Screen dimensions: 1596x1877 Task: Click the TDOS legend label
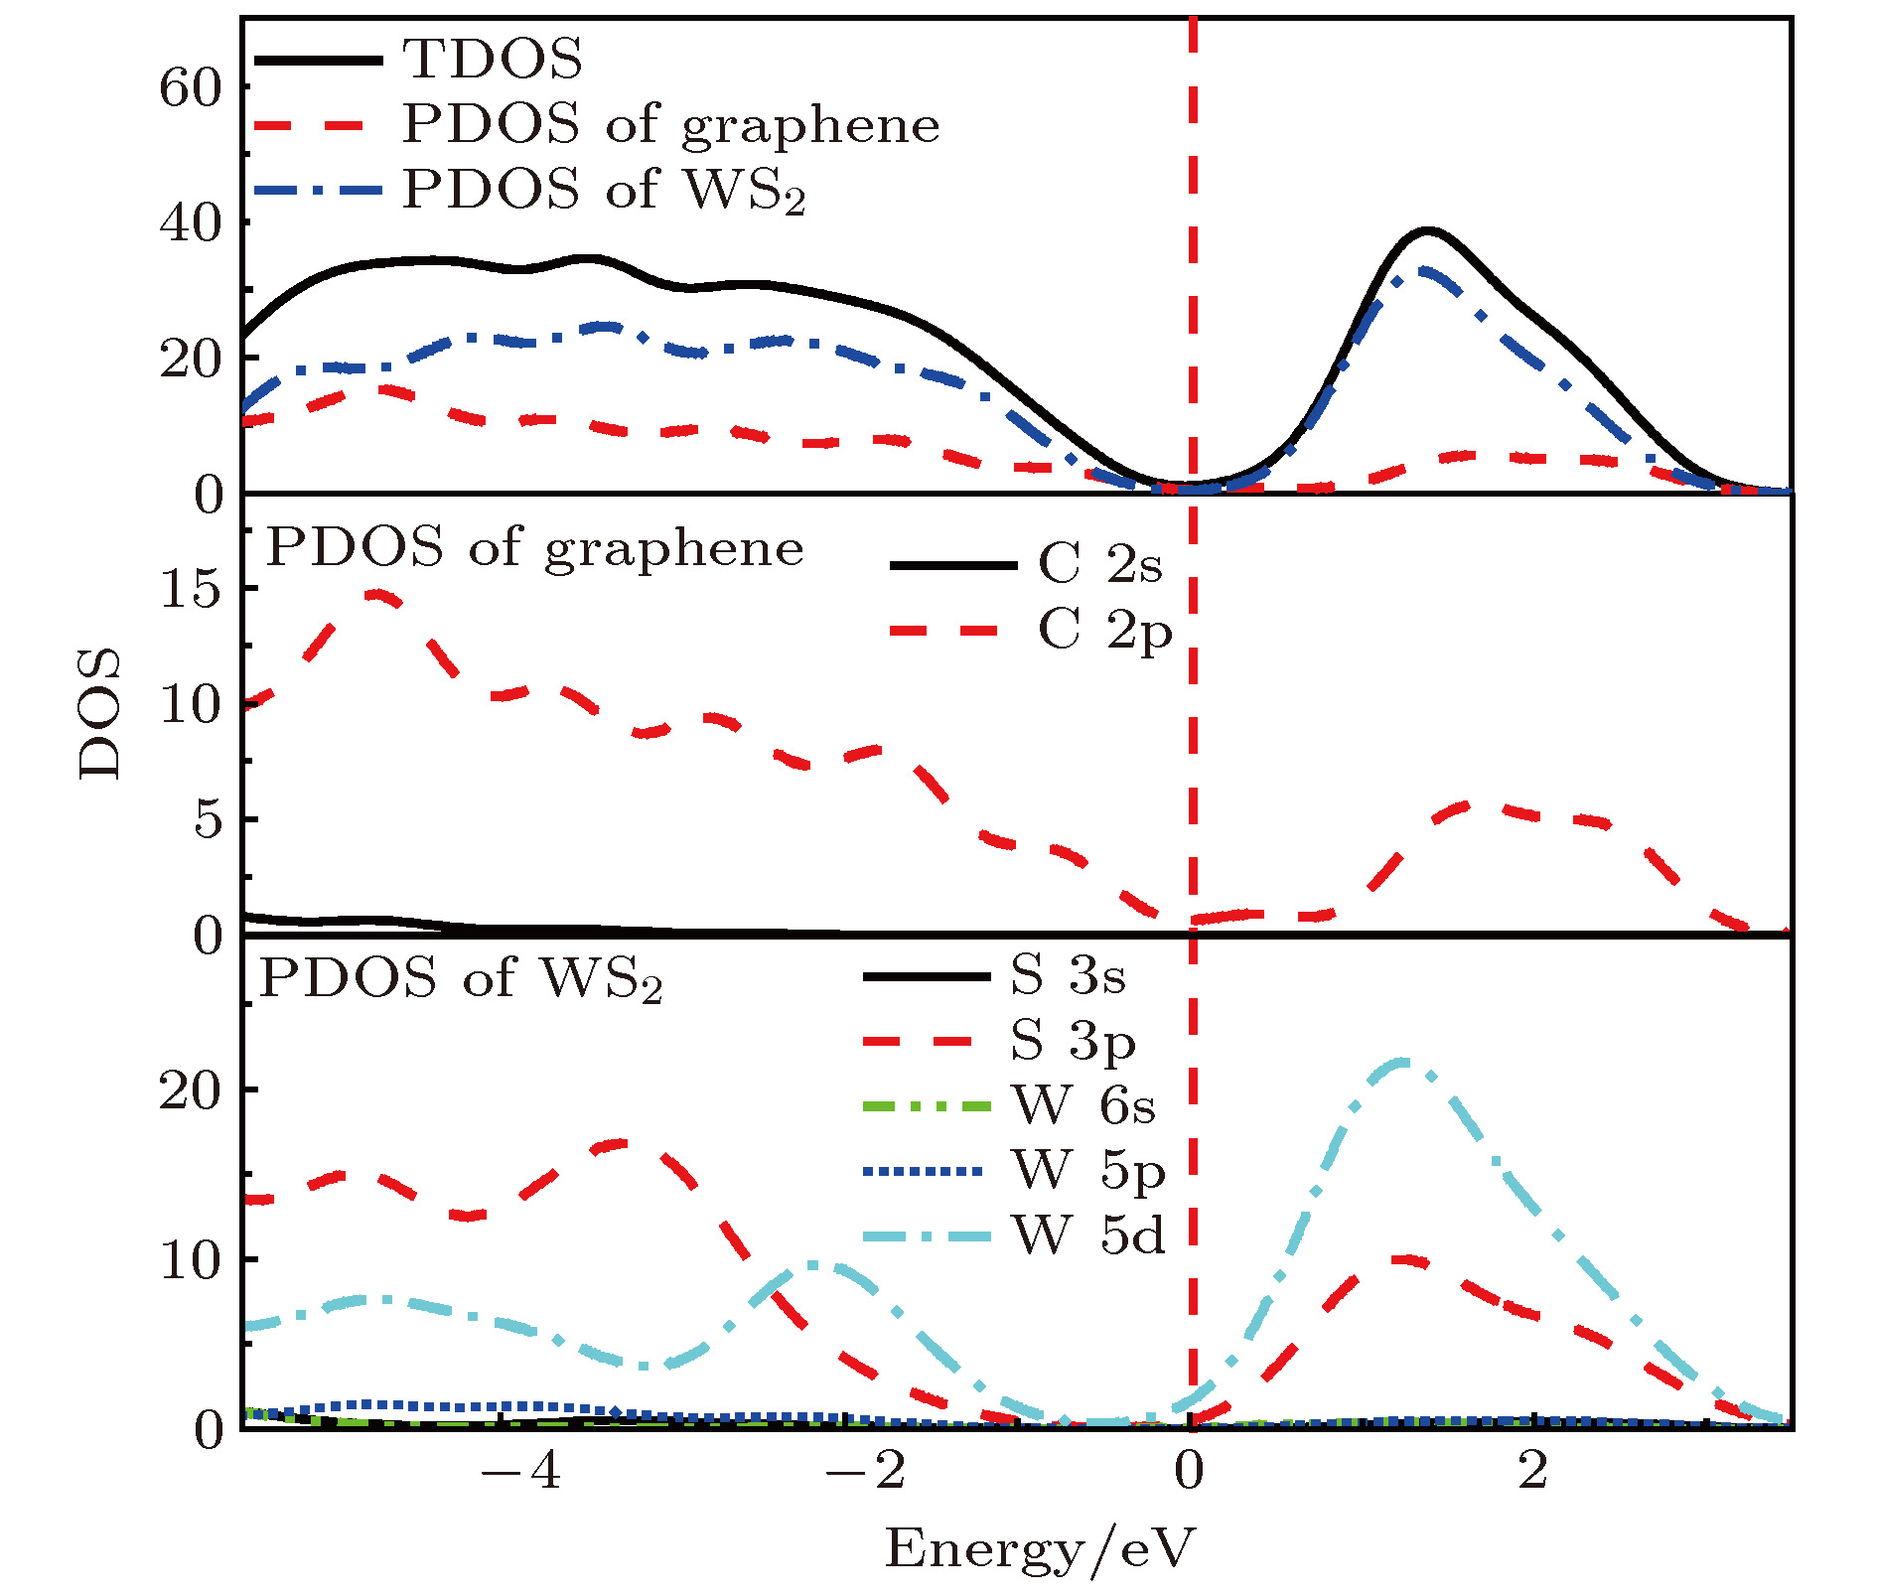[x=493, y=59]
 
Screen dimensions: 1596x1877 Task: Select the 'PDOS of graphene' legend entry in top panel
[x=670, y=125]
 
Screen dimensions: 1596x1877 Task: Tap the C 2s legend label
[x=1099, y=564]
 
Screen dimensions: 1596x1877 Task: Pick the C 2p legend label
[x=1105, y=631]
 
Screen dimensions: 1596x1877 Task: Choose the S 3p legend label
[x=1073, y=1041]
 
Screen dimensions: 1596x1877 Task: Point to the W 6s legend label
[x=1083, y=1105]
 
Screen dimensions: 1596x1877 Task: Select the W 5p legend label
[x=1088, y=1171]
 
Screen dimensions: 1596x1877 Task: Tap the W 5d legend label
[x=1088, y=1236]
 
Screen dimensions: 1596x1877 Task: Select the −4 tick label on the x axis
[x=521, y=1472]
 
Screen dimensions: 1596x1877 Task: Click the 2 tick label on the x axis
[x=1532, y=1472]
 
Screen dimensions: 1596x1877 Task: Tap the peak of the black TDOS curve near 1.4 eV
[x=1428, y=230]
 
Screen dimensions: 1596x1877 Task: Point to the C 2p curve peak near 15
[x=377, y=594]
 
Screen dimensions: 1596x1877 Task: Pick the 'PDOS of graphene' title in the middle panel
[x=534, y=548]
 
